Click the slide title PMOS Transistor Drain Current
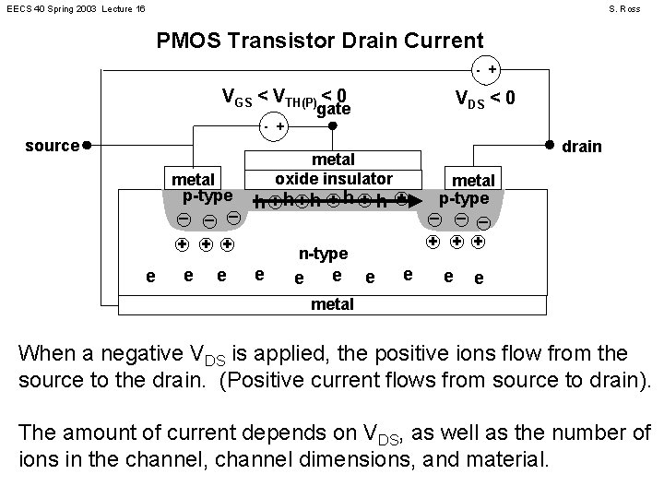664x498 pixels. click(x=320, y=41)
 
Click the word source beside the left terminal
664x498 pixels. click(x=51, y=145)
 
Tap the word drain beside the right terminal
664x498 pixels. click(x=582, y=146)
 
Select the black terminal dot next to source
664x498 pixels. click(x=85, y=145)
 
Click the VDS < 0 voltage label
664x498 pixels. click(x=486, y=98)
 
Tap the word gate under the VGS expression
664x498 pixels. click(x=333, y=109)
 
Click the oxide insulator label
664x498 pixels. click(x=334, y=178)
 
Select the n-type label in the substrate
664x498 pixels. click(x=323, y=254)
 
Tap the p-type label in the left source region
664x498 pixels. click(x=207, y=196)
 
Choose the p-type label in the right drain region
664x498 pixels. click(x=470, y=197)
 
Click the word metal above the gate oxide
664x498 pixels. click(x=334, y=160)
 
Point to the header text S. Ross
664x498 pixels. click(x=624, y=8)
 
